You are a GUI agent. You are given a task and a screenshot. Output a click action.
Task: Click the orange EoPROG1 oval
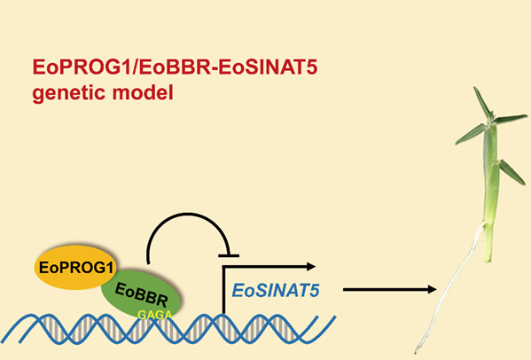(75, 268)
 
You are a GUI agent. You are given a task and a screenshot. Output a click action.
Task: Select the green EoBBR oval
(142, 294)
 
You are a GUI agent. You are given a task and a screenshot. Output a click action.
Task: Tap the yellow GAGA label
(155, 315)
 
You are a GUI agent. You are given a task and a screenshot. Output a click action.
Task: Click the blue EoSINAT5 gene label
(276, 291)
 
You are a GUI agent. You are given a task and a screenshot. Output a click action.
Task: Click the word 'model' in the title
(143, 92)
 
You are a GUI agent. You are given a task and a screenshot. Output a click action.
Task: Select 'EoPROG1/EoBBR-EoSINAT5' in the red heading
(176, 67)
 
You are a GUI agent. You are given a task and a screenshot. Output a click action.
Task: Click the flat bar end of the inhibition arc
(229, 255)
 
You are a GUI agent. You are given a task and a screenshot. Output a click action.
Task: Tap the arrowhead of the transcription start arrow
(311, 267)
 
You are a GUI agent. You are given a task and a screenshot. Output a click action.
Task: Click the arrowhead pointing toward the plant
(432, 290)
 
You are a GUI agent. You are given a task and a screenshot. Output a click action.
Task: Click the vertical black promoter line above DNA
(224, 290)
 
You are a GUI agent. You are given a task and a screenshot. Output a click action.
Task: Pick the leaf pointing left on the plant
(471, 135)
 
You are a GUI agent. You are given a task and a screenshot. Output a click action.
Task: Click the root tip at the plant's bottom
(416, 351)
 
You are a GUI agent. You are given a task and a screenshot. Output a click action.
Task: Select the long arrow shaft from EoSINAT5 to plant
(386, 290)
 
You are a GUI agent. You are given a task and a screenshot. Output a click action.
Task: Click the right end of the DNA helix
(334, 317)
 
